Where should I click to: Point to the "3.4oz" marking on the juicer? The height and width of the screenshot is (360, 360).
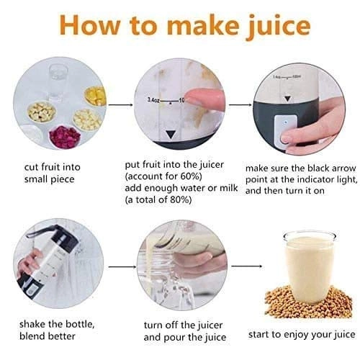tap(153, 99)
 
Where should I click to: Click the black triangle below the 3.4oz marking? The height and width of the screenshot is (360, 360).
tap(171, 135)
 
